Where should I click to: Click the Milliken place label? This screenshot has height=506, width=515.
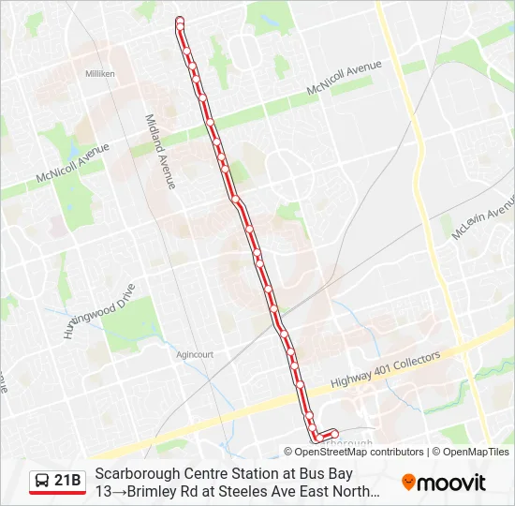tap(99, 73)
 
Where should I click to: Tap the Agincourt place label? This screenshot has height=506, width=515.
tap(195, 355)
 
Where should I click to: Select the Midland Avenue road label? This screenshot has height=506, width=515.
tap(160, 152)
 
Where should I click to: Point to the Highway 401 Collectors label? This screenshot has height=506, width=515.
tap(385, 372)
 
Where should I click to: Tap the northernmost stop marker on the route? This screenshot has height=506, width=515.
tap(179, 21)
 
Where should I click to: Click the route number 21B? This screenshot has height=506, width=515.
tap(68, 482)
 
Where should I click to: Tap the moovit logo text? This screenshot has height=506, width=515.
tap(451, 484)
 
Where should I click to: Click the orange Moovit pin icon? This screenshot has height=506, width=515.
tap(408, 483)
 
